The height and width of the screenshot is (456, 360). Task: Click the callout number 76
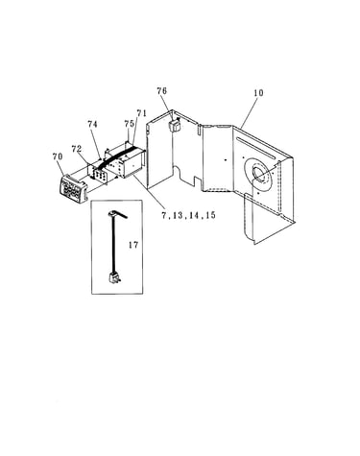click(x=162, y=91)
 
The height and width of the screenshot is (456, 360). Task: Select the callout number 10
click(x=258, y=93)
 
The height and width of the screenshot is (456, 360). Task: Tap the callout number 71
click(x=141, y=113)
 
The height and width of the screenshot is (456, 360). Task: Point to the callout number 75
click(x=129, y=124)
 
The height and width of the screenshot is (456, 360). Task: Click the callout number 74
click(x=92, y=124)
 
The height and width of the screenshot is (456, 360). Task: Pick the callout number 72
click(x=77, y=149)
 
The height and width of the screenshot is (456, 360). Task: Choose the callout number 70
click(x=58, y=156)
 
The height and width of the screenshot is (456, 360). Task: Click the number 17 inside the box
click(x=133, y=245)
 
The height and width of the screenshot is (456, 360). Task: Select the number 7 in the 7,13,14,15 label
click(x=164, y=215)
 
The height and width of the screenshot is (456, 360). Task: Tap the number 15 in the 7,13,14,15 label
click(x=210, y=215)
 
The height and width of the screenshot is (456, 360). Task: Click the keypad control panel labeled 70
click(x=73, y=189)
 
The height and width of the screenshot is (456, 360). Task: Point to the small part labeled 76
click(x=175, y=125)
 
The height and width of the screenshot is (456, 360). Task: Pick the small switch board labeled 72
click(x=99, y=174)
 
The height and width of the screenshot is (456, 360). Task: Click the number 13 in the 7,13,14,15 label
click(x=177, y=215)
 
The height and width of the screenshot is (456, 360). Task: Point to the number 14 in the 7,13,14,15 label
click(x=194, y=215)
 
